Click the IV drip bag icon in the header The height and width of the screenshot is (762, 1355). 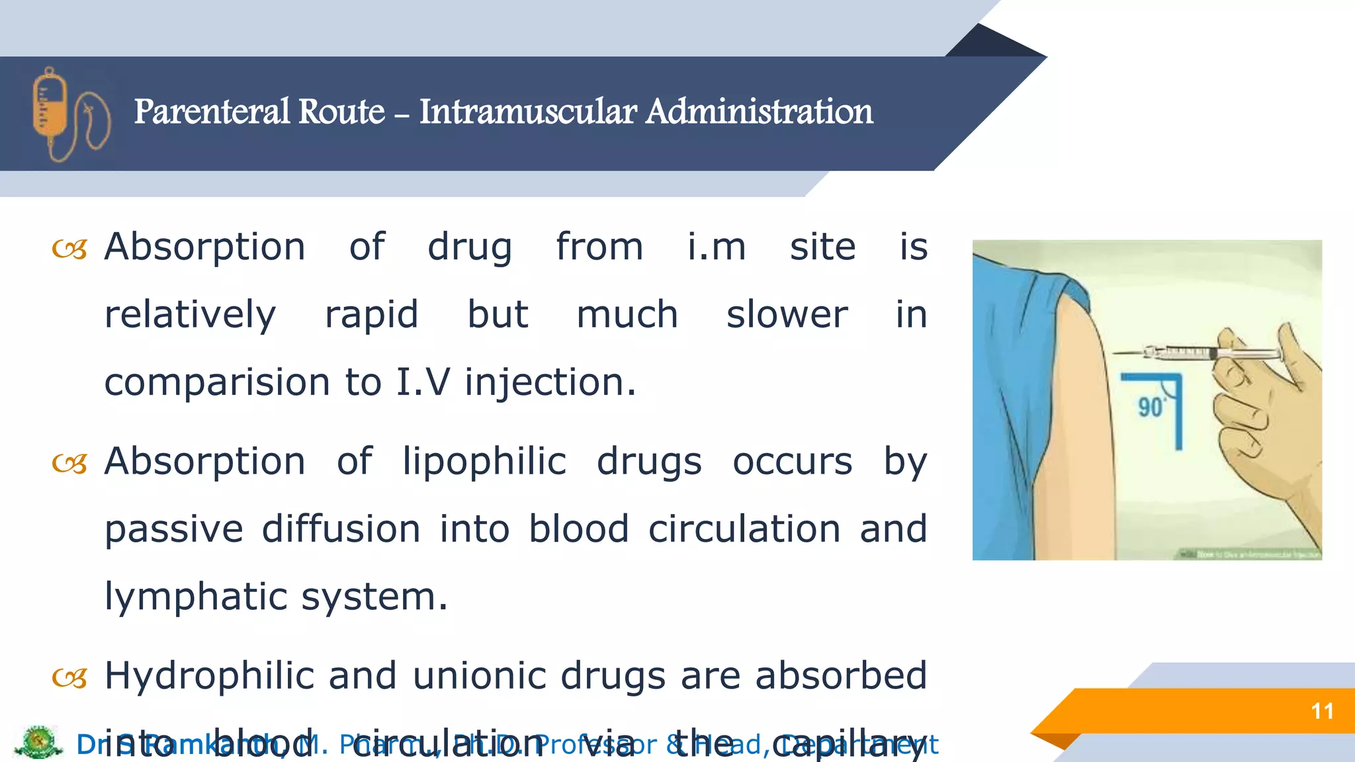pos(69,114)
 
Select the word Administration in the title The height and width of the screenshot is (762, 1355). pos(759,111)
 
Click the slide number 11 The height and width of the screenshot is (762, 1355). pos(1322,711)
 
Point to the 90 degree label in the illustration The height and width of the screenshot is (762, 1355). pos(1151,407)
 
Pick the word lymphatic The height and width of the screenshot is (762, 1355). pos(196,597)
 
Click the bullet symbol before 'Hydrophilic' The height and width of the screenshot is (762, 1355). pos(69,678)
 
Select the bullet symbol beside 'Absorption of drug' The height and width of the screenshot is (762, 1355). pos(69,249)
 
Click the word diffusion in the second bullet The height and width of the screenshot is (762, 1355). pos(341,529)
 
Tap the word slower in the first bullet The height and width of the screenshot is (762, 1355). pos(787,314)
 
